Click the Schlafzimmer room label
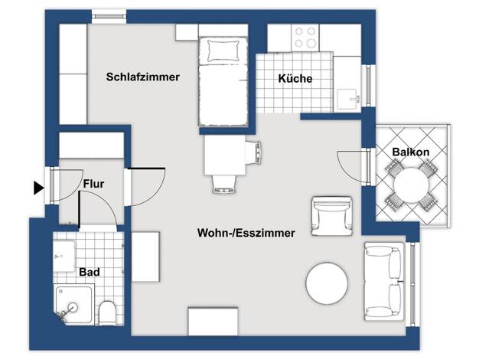142,77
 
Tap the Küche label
295,78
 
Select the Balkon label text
411,152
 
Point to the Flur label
93,184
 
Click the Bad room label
90,272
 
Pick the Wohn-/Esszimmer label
246,233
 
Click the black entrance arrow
38,188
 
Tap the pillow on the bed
223,51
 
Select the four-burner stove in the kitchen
305,38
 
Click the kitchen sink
348,98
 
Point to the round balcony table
411,185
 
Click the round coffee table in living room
327,283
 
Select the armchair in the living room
332,216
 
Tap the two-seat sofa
383,281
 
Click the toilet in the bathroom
107,313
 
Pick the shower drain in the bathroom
73,306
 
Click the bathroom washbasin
64,257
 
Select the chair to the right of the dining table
253,152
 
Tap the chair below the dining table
225,185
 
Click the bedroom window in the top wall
109,17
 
